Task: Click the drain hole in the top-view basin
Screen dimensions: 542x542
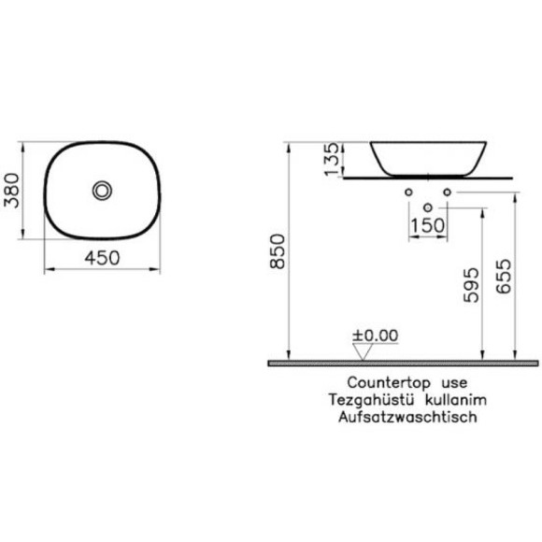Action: [x=102, y=192]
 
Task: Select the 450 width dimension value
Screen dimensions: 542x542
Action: [x=102, y=259]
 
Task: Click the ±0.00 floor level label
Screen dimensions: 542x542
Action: [x=375, y=335]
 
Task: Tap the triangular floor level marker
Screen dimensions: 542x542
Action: [x=364, y=350]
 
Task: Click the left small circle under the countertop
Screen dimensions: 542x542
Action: [x=409, y=193]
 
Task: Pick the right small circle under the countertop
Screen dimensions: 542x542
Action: [x=447, y=193]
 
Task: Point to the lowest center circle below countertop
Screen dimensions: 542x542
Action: [x=428, y=207]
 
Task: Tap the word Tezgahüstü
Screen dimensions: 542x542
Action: [x=364, y=400]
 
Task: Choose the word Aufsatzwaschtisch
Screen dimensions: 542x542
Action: [x=407, y=417]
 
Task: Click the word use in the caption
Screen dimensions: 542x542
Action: [x=453, y=382]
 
